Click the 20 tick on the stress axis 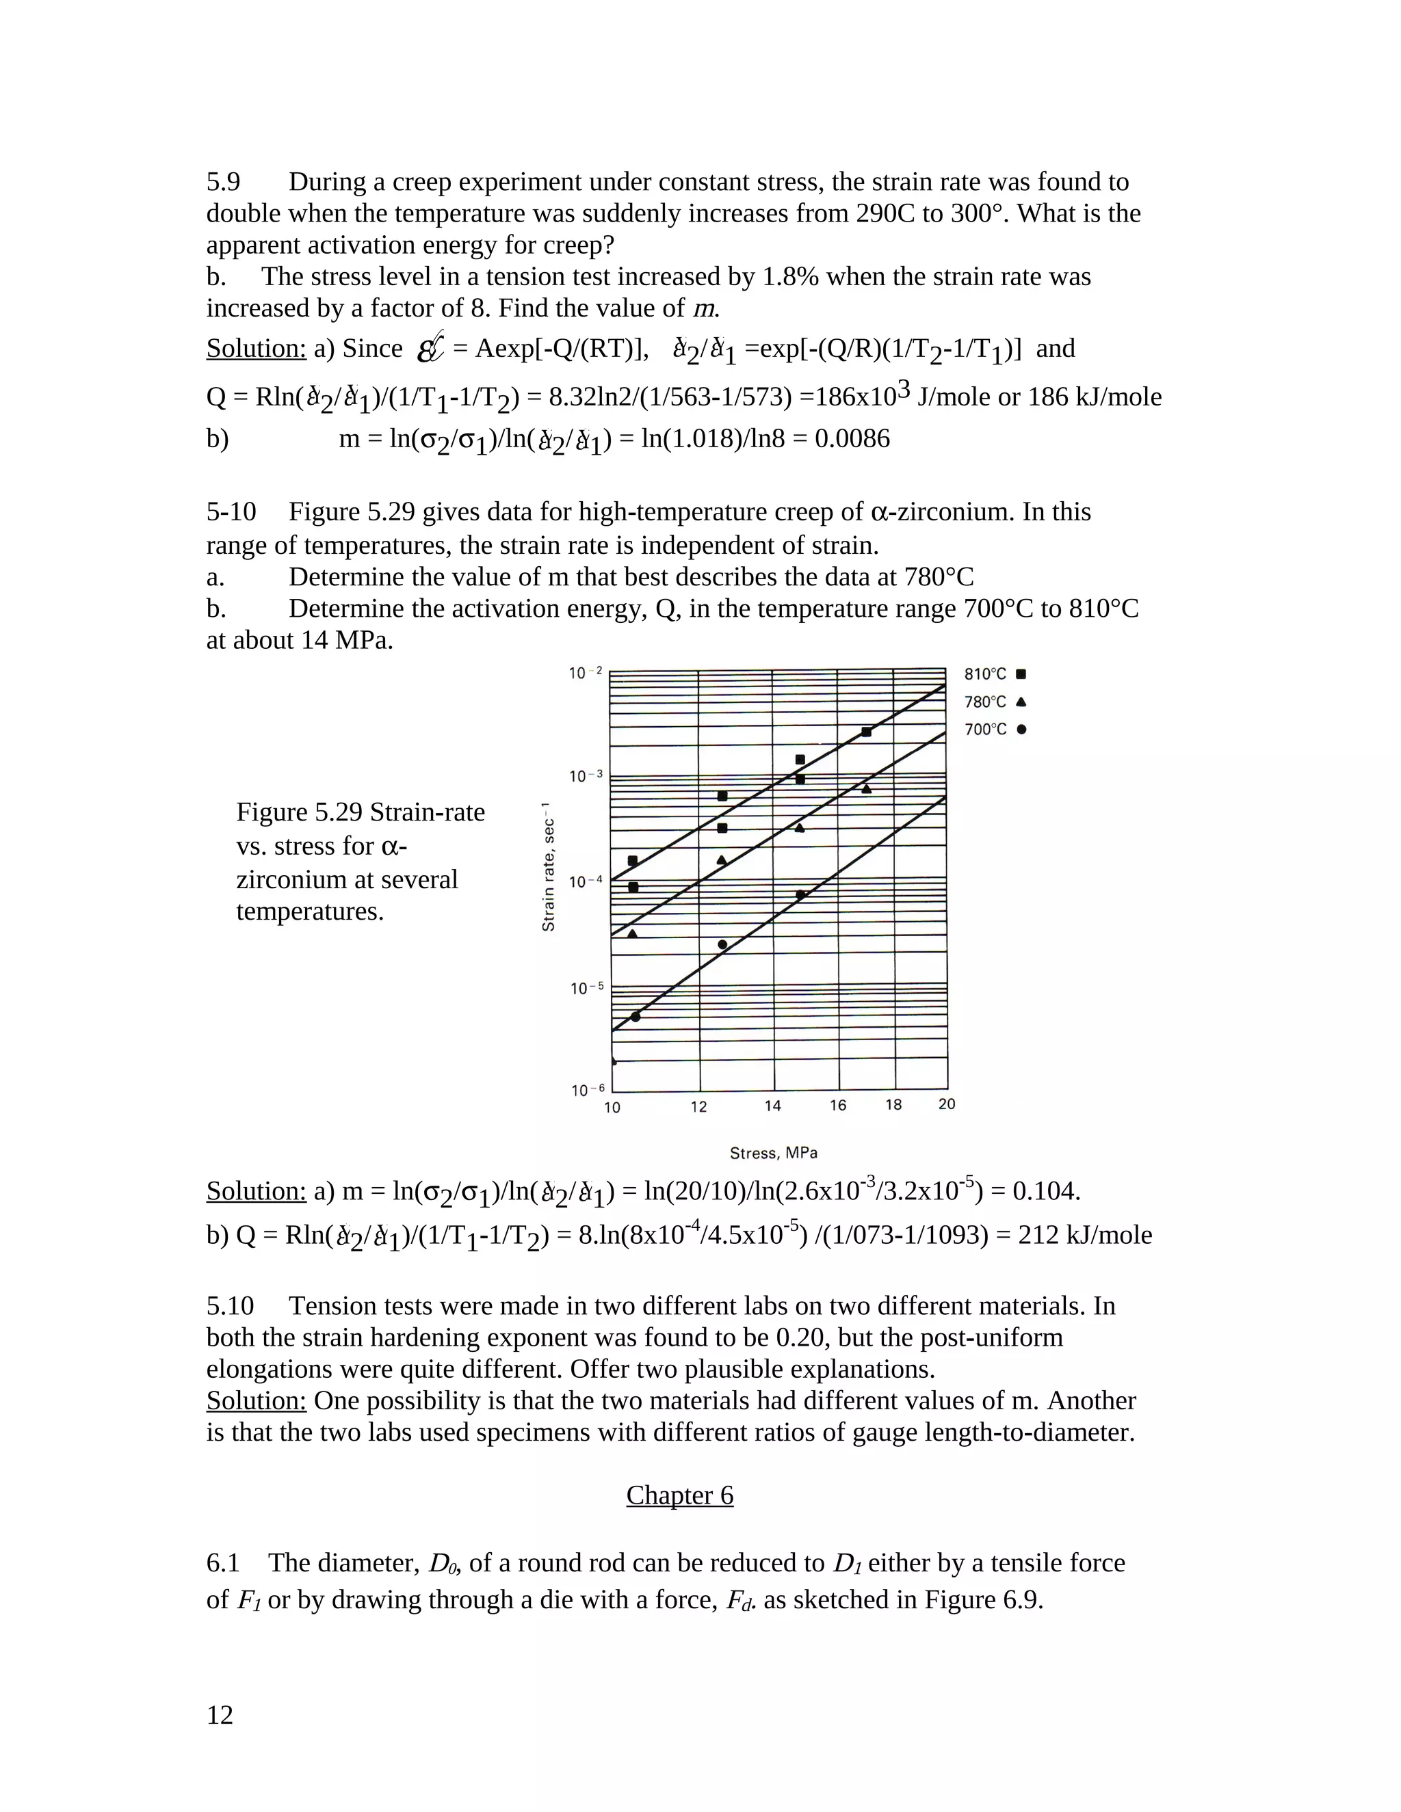946,1104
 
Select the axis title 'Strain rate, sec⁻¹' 548,866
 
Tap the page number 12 220,1715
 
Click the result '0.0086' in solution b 852,438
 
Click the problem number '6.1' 222,1563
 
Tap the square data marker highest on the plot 865,732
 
